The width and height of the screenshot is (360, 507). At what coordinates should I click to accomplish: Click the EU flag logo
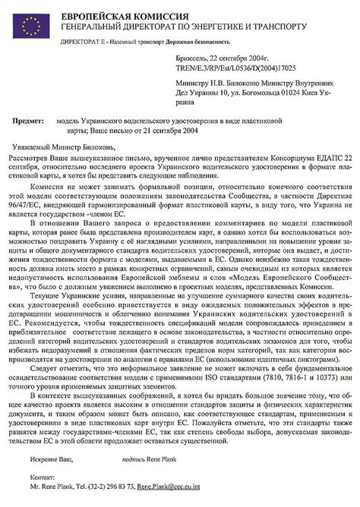(29, 25)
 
